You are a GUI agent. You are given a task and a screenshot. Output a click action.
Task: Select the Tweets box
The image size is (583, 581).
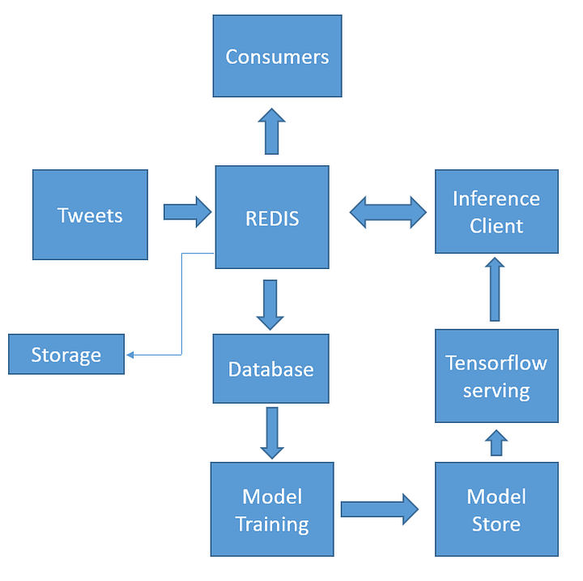click(90, 215)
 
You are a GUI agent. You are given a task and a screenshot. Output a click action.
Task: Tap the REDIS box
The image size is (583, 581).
click(271, 217)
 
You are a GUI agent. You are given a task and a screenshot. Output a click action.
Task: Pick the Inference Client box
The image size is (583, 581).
click(496, 211)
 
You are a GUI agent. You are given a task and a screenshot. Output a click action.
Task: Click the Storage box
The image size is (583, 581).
click(66, 354)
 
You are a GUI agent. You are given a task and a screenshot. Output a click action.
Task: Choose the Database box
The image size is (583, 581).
click(270, 370)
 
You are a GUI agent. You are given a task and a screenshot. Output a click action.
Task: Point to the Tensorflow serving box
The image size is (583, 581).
click(496, 376)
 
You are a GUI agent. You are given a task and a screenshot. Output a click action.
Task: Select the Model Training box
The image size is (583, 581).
click(272, 509)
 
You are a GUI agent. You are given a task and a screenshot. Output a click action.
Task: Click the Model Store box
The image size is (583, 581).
click(496, 509)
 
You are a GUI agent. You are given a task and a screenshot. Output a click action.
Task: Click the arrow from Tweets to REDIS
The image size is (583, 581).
click(186, 212)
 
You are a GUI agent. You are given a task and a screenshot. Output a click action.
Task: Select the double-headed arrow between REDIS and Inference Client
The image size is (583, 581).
click(388, 212)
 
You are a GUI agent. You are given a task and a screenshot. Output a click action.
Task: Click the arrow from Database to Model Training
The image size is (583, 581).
click(271, 433)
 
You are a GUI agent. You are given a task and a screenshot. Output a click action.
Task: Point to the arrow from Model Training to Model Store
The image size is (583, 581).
click(378, 509)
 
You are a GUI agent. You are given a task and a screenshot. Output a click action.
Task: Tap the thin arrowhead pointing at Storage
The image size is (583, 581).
click(130, 355)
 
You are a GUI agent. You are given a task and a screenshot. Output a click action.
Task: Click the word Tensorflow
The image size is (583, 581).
click(496, 363)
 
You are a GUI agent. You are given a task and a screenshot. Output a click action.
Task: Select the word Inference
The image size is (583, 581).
click(496, 199)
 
